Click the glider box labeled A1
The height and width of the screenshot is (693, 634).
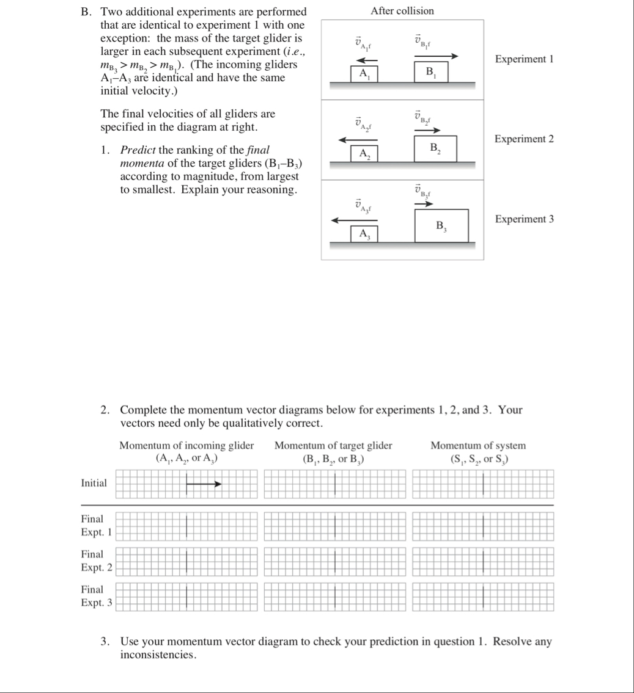(364, 73)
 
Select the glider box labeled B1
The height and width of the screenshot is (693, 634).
(432, 72)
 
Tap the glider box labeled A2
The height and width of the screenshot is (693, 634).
(364, 153)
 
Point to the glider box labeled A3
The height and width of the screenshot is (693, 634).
(364, 233)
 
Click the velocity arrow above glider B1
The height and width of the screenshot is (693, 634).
(435, 56)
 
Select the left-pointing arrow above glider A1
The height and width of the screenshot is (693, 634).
(367, 60)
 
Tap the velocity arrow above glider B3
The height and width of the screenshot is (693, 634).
(424, 203)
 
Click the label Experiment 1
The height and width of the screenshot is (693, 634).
(524, 59)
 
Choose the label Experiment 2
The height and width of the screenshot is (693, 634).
(524, 139)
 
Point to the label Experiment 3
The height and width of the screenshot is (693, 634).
(524, 219)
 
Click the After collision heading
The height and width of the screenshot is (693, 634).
(402, 11)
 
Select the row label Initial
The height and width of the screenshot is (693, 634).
(94, 483)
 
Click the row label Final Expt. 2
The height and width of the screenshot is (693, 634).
(97, 562)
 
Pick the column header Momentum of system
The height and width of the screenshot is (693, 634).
(477, 446)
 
